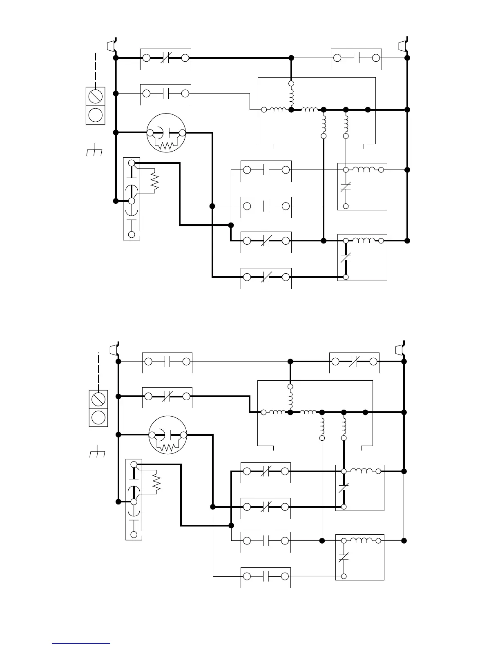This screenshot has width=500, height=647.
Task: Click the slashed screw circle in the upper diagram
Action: pos(96,96)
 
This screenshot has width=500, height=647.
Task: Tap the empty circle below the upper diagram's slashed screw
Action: pos(96,115)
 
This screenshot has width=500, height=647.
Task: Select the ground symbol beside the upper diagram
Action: pos(94,151)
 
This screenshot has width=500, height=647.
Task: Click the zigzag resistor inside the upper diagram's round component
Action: pos(166,145)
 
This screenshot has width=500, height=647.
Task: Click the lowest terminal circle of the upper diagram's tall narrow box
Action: pos(132,234)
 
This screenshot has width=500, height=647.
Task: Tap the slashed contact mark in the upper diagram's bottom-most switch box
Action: pos(266,277)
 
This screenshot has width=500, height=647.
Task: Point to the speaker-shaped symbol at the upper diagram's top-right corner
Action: pos(403,45)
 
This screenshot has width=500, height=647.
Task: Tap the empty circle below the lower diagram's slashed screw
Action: pos(98,417)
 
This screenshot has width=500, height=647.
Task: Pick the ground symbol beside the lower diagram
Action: pos(97,453)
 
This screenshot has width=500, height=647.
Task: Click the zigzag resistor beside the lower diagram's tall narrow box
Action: pos(156,482)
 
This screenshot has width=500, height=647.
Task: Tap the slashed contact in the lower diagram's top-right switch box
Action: pos(354,361)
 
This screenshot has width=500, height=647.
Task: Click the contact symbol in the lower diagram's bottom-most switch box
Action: pos(266,576)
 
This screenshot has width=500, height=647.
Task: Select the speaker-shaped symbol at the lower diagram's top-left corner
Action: pos(113,350)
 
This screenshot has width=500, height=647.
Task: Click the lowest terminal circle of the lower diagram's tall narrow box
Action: pos(134,534)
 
